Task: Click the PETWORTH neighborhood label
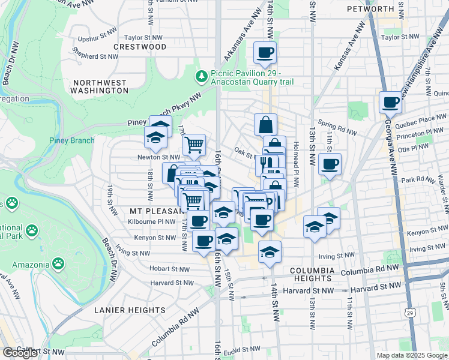pyautogui.click(x=387, y=8)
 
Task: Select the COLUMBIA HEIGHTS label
pyautogui.click(x=312, y=275)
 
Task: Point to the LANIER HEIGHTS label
pyautogui.click(x=130, y=310)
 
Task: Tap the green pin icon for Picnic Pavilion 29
pyautogui.click(x=202, y=76)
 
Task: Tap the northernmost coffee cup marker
pyautogui.click(x=265, y=52)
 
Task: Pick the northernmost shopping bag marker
pyautogui.click(x=265, y=125)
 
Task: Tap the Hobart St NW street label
pyautogui.click(x=157, y=269)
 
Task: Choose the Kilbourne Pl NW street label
pyautogui.click(x=152, y=221)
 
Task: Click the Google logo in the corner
pyautogui.click(x=20, y=353)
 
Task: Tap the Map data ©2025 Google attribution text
pyautogui.click(x=412, y=355)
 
